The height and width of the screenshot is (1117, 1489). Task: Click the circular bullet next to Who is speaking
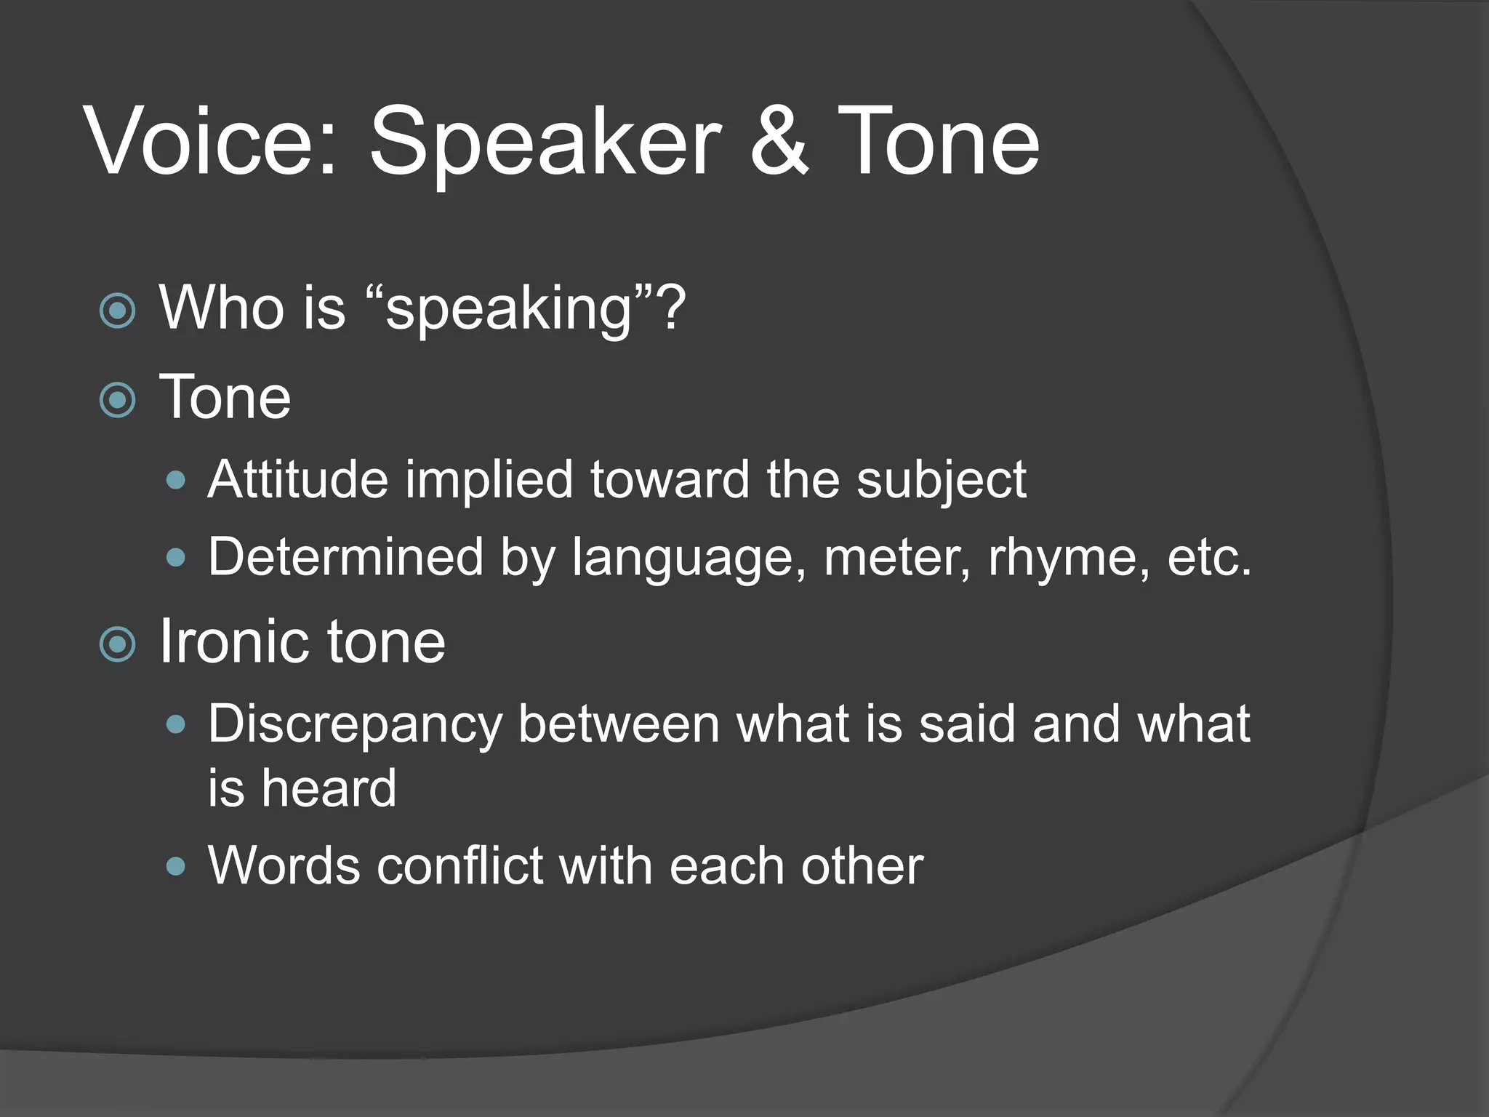117,311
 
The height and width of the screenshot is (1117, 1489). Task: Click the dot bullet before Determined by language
175,558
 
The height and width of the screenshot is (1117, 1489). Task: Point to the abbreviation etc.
1210,558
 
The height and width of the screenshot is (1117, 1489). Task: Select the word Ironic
234,641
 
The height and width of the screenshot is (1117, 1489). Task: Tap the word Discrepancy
355,726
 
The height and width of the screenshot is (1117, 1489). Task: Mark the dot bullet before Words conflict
175,866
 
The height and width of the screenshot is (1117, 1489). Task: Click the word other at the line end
862,866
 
